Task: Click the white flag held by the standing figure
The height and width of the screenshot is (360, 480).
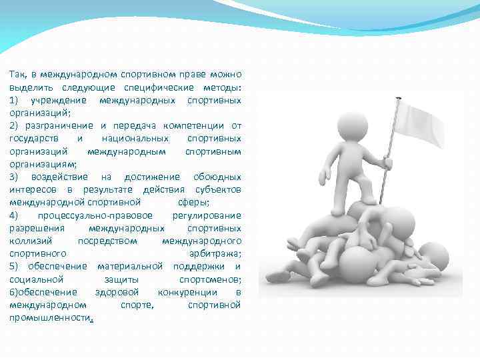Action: coord(419,124)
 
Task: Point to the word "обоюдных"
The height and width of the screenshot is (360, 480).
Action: coord(217,177)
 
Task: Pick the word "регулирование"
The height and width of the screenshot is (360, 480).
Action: coord(207,215)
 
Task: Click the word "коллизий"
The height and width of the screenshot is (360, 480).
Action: coord(27,241)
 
